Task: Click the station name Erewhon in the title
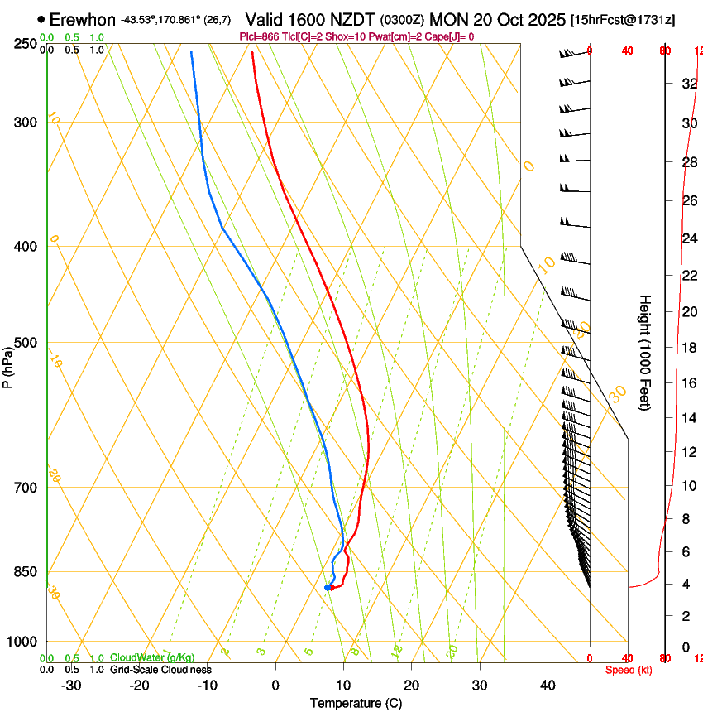(83, 19)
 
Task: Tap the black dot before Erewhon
(41, 19)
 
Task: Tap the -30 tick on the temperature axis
(71, 685)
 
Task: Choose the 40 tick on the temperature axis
(548, 685)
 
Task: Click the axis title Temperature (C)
(356, 703)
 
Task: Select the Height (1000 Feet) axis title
(646, 352)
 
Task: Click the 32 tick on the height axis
(687, 83)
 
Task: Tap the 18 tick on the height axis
(687, 347)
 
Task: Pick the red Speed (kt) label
(629, 670)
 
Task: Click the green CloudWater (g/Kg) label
(152, 657)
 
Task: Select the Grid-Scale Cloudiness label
(160, 669)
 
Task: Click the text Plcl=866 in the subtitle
(260, 36)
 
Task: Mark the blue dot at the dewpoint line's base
(328, 588)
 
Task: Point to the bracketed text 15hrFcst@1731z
(623, 20)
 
